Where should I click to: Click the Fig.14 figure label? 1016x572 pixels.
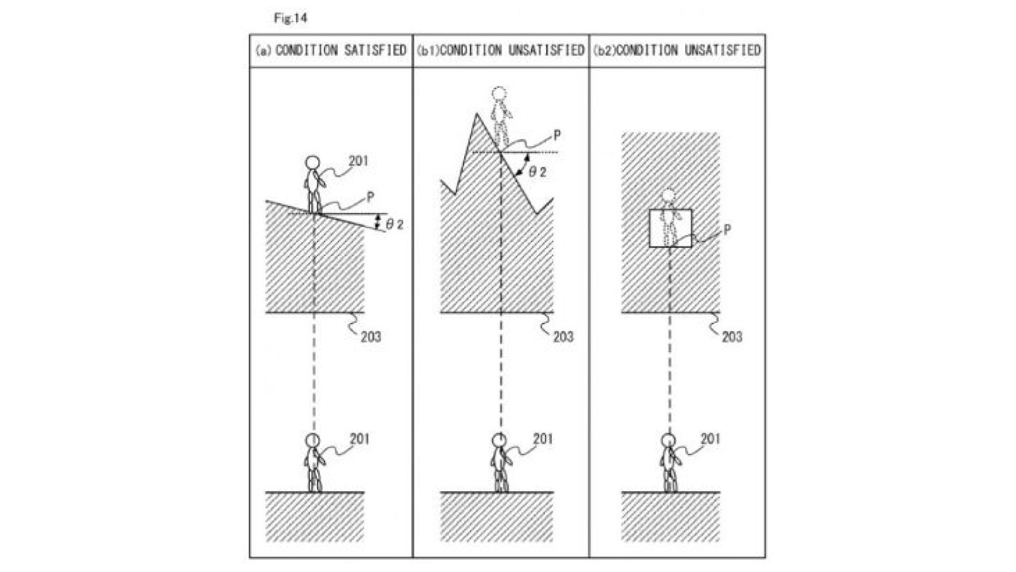pos(290,18)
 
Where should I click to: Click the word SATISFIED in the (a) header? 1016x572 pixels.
pos(375,50)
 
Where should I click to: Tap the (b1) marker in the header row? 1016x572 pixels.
pos(427,51)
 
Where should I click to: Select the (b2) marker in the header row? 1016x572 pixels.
pos(603,51)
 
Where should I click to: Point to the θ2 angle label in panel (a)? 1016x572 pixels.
pos(395,224)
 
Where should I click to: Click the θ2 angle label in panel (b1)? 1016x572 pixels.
pos(537,172)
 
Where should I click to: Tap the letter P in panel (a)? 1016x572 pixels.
pos(370,197)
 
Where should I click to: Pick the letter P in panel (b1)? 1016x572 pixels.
pos(557,135)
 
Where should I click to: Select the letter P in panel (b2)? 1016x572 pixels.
pos(727,229)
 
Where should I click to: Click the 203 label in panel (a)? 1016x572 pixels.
pos(371,336)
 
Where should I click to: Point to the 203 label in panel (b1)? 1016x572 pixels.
pos(563,336)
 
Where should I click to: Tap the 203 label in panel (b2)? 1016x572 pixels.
pos(732,336)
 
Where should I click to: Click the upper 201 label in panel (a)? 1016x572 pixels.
pos(358,161)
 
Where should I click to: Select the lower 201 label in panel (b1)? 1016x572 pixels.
pos(543,439)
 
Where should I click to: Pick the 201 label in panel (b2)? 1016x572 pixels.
pos(710,439)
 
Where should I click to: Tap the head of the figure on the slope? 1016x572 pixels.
pos(312,163)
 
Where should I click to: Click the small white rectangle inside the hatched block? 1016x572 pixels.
pos(670,228)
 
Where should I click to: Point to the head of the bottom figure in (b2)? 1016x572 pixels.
pos(668,440)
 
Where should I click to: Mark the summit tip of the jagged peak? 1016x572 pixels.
pos(476,114)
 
